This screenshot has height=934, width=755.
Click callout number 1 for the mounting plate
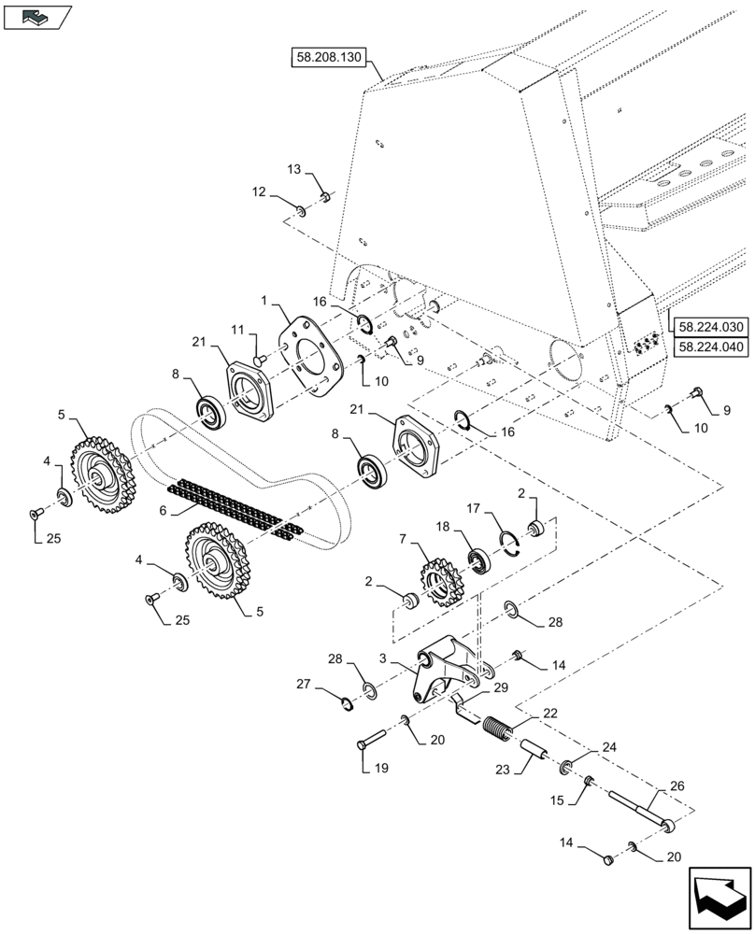pos(265,302)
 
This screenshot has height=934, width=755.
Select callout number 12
pos(257,191)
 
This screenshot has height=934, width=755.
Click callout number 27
pos(304,685)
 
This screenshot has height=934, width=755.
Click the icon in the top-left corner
pos(36,16)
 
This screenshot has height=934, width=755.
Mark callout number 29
pos(501,686)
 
